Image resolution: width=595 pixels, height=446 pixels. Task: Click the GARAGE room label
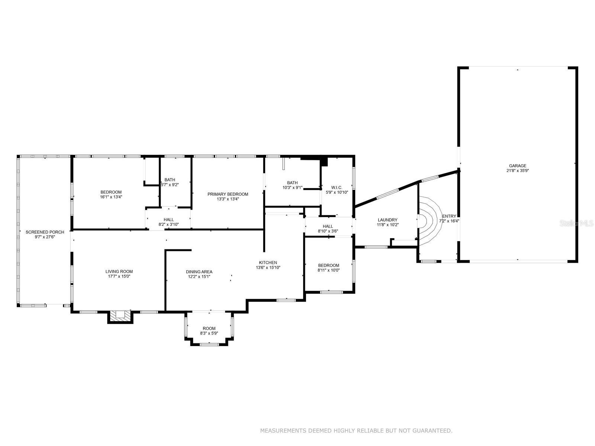pos(518,166)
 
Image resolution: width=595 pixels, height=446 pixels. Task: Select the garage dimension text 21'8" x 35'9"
pos(518,171)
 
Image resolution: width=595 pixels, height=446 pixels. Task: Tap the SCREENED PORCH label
pos(45,232)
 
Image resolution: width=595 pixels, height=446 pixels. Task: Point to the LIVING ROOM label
pos(119,271)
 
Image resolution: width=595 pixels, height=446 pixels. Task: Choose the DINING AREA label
pos(199,272)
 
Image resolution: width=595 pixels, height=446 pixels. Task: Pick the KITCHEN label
pos(268,262)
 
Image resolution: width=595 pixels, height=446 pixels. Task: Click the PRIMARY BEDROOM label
pos(228,194)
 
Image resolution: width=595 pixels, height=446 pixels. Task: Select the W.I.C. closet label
pos(337,187)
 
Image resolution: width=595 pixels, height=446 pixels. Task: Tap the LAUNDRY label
pos(387,220)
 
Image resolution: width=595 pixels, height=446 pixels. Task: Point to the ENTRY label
pos(449,216)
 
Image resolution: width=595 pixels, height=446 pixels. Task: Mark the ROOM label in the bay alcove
pos(209,329)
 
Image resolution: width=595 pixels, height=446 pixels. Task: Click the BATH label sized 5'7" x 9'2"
pos(170,180)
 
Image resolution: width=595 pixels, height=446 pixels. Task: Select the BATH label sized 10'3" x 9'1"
pos(292,183)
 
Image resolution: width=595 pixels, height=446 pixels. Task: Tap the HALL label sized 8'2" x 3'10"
pos(168,220)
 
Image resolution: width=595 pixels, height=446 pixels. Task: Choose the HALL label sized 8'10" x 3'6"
pos(328,226)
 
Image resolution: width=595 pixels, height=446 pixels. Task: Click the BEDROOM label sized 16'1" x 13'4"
pos(111,192)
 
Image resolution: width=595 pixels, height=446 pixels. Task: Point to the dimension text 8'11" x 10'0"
pos(328,270)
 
